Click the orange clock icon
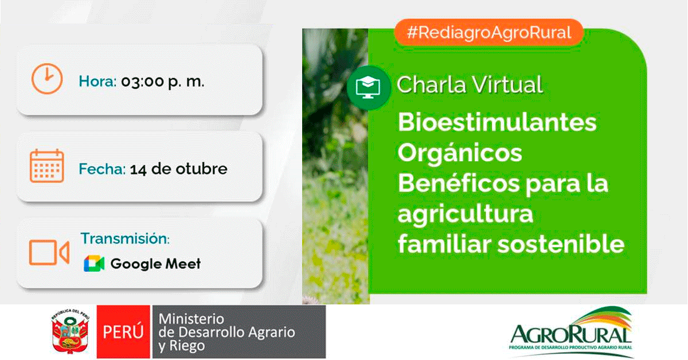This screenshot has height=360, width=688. tap(47, 79)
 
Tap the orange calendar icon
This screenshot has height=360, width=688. tap(46, 166)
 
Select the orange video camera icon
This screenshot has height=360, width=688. tap(49, 252)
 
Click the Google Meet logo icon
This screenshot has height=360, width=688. tap(94, 264)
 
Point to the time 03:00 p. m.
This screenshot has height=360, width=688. tap(163, 82)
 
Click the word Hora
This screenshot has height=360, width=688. tap(97, 81)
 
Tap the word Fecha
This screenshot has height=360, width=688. tap(102, 169)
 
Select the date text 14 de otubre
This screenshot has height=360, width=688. tap(179, 169)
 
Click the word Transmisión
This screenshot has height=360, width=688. tap(125, 238)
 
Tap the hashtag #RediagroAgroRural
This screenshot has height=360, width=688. tap(489, 33)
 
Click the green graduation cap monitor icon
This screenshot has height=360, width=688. tap(368, 88)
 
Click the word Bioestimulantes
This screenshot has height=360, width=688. tap(497, 122)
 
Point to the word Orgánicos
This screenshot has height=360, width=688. tap(460, 153)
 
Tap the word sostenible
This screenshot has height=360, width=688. tap(561, 244)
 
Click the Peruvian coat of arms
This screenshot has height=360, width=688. tap(71, 332)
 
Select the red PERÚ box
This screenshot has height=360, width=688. tap(123, 332)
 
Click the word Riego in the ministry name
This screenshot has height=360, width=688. tap(187, 346)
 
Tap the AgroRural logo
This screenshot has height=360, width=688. tap(571, 332)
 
